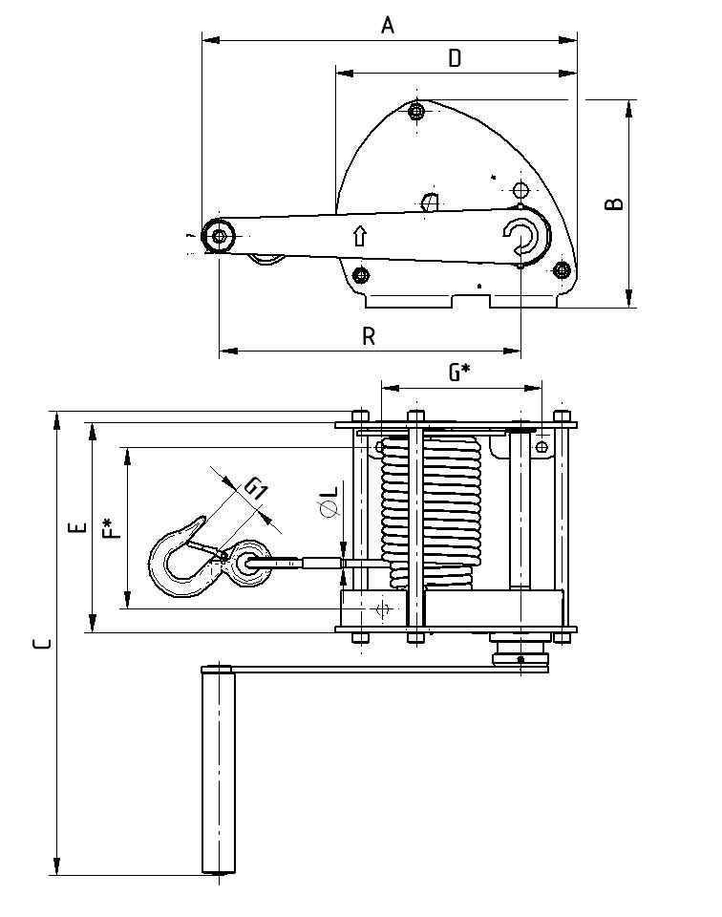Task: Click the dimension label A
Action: pos(388,25)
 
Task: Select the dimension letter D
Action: pos(455,58)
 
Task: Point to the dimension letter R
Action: pos(370,335)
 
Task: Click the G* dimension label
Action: pos(458,373)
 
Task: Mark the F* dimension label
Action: pos(112,527)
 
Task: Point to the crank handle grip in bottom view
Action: pos(219,769)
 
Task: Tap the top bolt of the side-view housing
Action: pos(415,113)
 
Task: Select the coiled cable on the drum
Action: pos(430,511)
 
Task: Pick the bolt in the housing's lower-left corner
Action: pos(360,276)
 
